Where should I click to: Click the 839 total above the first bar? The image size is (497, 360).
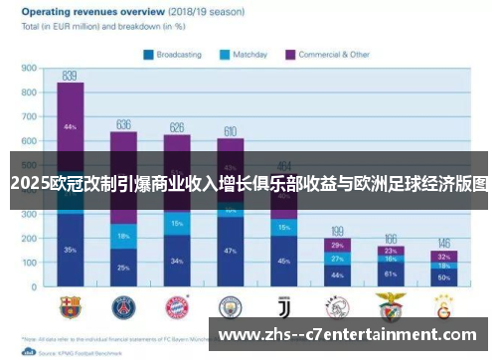(70, 75)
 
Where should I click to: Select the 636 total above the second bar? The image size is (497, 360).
(123, 124)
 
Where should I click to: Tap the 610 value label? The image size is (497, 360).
(230, 130)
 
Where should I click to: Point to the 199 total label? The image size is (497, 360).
(338, 231)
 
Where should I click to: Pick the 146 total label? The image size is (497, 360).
(444, 243)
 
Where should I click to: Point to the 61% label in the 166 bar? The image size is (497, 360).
(391, 273)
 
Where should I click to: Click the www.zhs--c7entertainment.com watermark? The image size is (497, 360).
(353, 335)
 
